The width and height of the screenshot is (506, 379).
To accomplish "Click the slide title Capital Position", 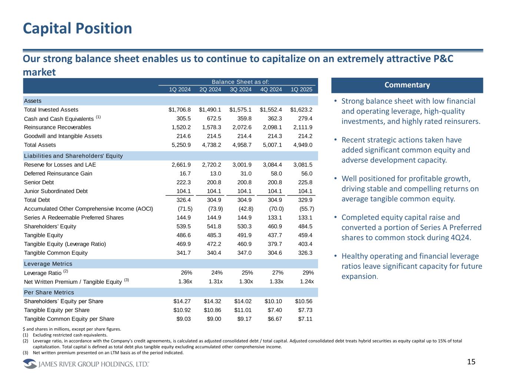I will (77, 28).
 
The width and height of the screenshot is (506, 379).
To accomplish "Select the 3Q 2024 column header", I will (241, 89).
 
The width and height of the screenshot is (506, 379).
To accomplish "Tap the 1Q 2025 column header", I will (301, 89).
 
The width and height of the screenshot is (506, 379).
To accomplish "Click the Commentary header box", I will (407, 85).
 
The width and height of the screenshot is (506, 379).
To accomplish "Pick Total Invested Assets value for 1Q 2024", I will (179, 110).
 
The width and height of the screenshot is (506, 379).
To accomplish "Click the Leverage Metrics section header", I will (48, 264).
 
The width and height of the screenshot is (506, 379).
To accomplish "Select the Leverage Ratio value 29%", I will (308, 273).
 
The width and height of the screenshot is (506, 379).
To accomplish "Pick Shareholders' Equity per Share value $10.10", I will (273, 301).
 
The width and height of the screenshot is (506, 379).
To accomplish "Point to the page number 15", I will (471, 362).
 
